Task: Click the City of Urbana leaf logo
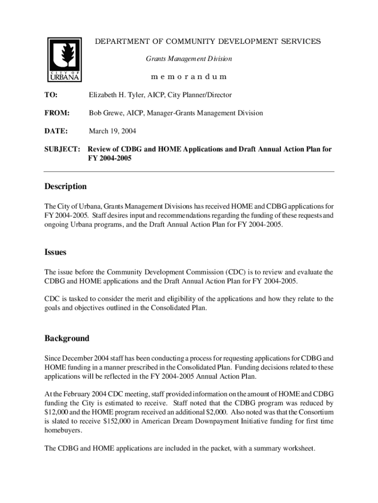[64, 58]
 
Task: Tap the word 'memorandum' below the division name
[189, 77]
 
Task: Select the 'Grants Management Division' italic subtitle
[189, 59]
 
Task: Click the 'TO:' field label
[51, 95]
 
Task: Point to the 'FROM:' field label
[57, 113]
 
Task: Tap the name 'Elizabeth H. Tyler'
[116, 95]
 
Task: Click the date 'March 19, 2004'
[112, 131]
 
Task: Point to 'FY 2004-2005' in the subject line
[109, 159]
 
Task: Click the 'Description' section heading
[65, 187]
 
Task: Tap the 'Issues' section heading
[55, 252]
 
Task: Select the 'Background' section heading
[67, 338]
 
